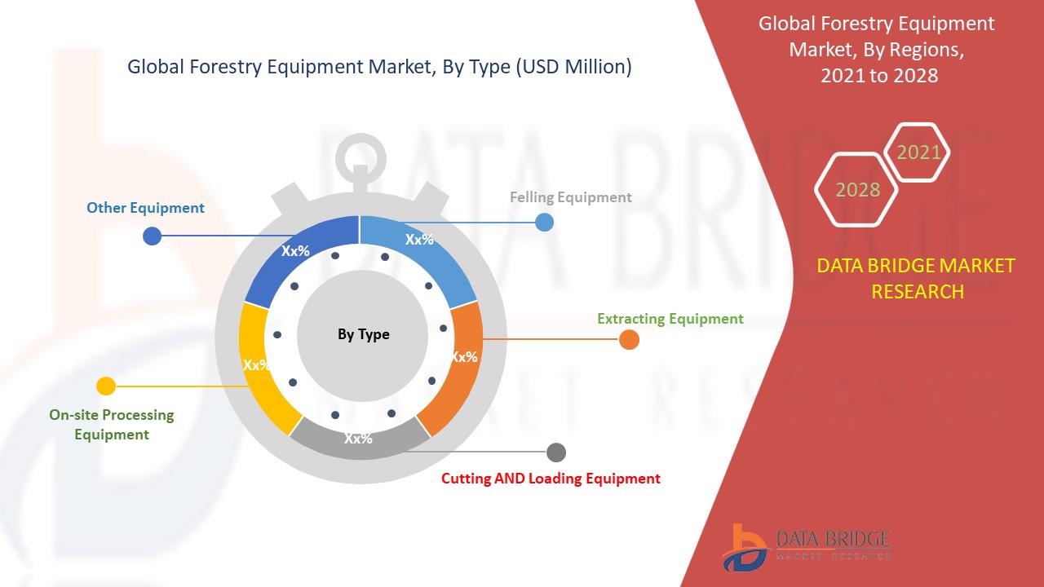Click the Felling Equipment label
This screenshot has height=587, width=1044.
pos(570,197)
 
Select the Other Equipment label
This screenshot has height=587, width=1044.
pos(145,208)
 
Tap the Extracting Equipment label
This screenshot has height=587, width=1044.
pos(670,319)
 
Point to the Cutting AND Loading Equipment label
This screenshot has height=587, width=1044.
pos(551,479)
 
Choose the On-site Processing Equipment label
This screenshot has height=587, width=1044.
pos(112,425)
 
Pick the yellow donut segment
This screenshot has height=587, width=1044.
pos(261,368)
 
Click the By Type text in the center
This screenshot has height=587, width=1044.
pos(364,334)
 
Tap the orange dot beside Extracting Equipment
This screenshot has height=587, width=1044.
pos(629,340)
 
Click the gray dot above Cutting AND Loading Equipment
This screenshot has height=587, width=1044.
pos(556,452)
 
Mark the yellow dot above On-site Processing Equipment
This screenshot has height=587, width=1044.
pos(106,386)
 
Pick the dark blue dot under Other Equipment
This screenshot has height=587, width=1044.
pos(152,236)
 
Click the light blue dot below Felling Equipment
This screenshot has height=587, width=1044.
pos(544,223)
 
